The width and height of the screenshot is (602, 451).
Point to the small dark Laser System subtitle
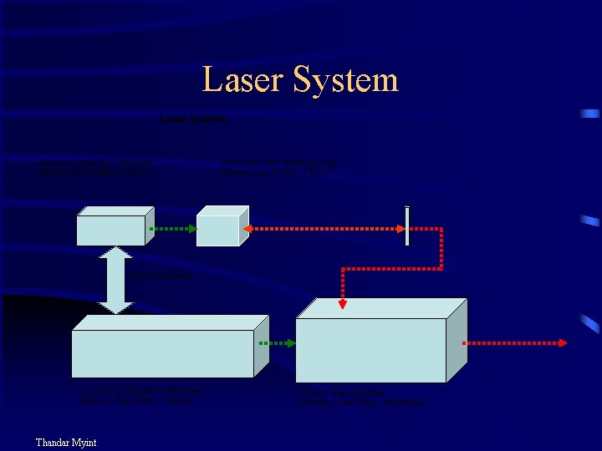click(193, 119)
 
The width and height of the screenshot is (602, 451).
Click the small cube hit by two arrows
click(219, 226)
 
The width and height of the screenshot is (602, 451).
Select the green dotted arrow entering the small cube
click(174, 228)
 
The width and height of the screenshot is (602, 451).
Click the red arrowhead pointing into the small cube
click(245, 228)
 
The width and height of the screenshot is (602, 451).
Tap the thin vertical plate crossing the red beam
click(407, 225)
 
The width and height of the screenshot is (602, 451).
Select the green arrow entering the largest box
click(276, 342)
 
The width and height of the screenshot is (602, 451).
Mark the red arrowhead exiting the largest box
click(564, 342)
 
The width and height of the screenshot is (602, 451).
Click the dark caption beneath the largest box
click(363, 398)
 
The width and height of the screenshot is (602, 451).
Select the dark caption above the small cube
click(279, 166)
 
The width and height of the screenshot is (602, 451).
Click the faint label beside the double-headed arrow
click(161, 275)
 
